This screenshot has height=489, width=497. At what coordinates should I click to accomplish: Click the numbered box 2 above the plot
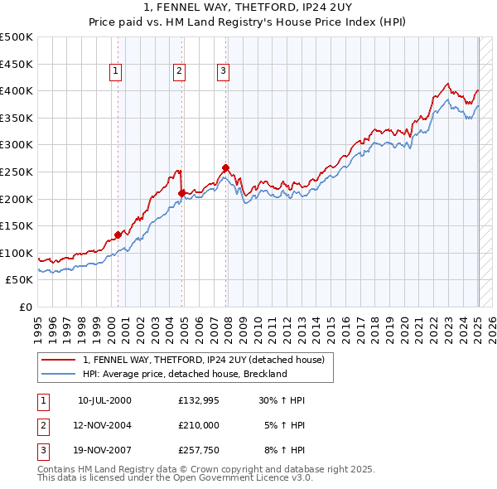tap(179, 72)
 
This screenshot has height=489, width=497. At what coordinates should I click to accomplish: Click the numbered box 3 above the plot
tap(223, 72)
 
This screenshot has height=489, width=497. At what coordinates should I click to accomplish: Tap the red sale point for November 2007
tap(225, 168)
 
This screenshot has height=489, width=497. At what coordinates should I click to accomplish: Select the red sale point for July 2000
tap(118, 235)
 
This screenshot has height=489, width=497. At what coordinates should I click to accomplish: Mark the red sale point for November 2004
tap(181, 193)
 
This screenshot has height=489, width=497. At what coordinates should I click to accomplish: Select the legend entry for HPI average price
tap(184, 374)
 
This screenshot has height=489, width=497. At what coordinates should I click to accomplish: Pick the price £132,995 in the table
tap(199, 400)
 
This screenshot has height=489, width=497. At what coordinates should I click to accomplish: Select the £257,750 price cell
tap(199, 452)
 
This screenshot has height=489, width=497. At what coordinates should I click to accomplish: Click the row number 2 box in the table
tap(42, 426)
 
